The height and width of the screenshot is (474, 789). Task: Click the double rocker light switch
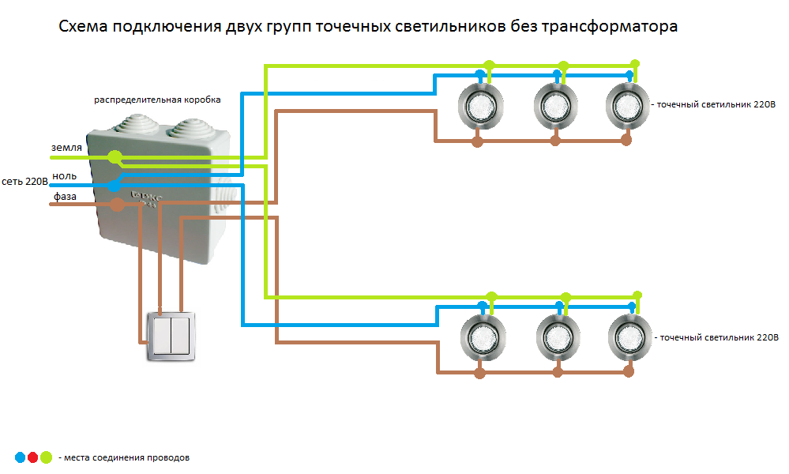(x=170, y=336)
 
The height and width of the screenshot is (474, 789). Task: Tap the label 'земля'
(x=66, y=148)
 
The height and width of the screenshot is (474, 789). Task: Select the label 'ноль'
(x=64, y=175)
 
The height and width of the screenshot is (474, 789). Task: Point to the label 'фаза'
(x=65, y=196)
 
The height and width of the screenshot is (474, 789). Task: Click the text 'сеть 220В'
(x=25, y=182)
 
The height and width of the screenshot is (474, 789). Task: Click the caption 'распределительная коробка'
(x=157, y=100)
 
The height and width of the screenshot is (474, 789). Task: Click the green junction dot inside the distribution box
(x=115, y=157)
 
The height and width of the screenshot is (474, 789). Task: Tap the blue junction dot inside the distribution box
(x=115, y=185)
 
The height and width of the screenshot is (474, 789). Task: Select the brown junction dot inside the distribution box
(x=116, y=205)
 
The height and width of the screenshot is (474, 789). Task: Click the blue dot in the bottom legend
(x=20, y=457)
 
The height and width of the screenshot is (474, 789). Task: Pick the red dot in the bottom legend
(x=32, y=457)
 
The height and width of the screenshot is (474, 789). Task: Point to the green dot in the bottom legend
(x=46, y=457)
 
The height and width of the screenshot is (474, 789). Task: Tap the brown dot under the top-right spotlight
(x=627, y=141)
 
